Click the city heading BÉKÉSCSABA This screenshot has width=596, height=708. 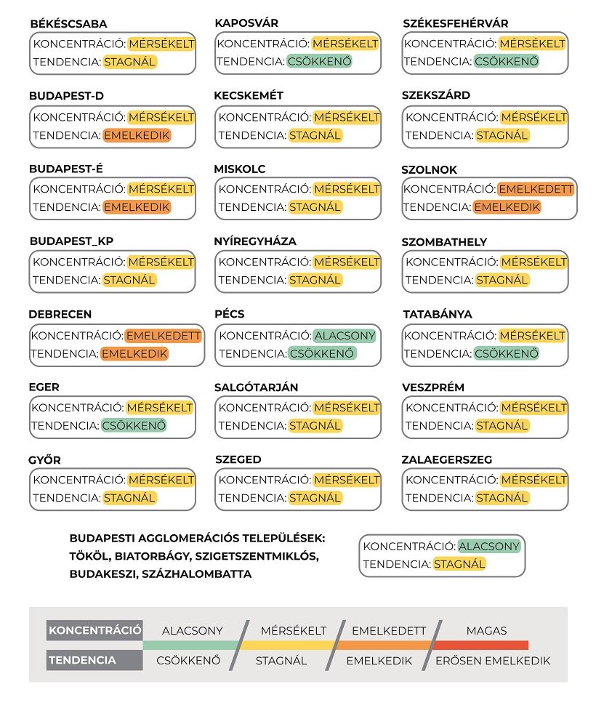[68, 24]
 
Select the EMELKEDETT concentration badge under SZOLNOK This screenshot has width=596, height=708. [536, 189]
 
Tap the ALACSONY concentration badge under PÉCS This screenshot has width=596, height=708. [345, 336]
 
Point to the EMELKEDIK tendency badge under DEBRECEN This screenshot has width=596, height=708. [134, 354]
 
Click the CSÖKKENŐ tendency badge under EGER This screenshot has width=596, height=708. [134, 425]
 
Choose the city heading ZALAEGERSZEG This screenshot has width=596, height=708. [446, 459]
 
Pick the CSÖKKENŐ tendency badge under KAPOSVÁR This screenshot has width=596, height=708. [320, 62]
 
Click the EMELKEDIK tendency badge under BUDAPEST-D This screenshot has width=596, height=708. [137, 135]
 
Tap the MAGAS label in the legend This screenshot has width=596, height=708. [486, 630]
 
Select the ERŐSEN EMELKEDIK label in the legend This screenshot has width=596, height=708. [492, 661]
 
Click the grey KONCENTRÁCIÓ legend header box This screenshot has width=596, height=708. [94, 630]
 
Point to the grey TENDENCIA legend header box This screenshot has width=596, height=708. [94, 660]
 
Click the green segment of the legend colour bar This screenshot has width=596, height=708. [190, 645]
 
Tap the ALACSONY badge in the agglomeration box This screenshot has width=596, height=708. [489, 547]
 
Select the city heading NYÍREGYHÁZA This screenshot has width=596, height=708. [255, 241]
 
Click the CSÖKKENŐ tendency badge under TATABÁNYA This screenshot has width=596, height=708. [507, 354]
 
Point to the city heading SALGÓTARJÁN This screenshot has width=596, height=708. [256, 387]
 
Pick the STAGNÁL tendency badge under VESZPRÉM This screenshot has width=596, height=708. [502, 425]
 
